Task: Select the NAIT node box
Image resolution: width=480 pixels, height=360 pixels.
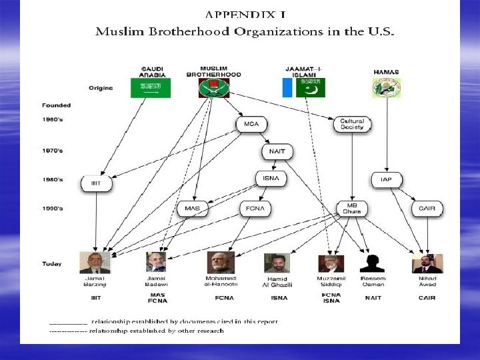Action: (277, 151)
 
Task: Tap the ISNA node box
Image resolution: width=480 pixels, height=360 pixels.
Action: (271, 179)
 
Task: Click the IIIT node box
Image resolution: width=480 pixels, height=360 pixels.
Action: (96, 183)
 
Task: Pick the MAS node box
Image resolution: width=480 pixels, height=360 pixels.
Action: (192, 209)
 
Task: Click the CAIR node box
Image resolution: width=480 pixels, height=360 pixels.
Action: (427, 209)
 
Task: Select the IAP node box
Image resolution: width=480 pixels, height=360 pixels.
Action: (386, 179)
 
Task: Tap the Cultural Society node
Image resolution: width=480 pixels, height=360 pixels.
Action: (351, 125)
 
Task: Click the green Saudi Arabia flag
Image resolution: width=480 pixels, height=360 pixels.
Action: (151, 88)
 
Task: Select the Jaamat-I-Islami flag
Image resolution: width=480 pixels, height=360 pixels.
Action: (304, 88)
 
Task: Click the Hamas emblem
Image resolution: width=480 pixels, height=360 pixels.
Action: (387, 89)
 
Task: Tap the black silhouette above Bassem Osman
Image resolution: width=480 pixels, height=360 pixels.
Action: (372, 263)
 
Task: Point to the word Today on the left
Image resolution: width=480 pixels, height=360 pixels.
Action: (51, 264)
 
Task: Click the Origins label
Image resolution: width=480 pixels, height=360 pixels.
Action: (101, 88)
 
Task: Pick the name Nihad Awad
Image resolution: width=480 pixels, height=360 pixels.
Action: (427, 281)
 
